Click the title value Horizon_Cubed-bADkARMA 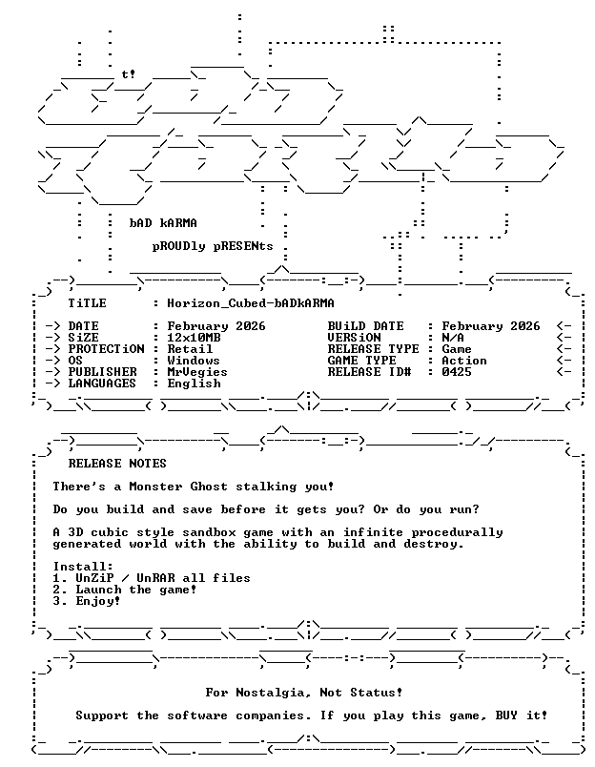(251, 303)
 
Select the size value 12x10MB (195, 338)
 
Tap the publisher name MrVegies (197, 372)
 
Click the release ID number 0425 (457, 372)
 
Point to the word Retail (190, 349)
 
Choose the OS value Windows (194, 361)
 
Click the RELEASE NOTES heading (117, 464)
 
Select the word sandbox (209, 532)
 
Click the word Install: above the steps (83, 567)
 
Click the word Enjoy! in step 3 (98, 602)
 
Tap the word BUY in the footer (506, 715)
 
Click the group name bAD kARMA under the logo (163, 223)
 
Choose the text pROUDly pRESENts (213, 246)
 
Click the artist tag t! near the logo (129, 74)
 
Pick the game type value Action (464, 361)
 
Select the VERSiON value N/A (453, 338)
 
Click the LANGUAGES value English (195, 383)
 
